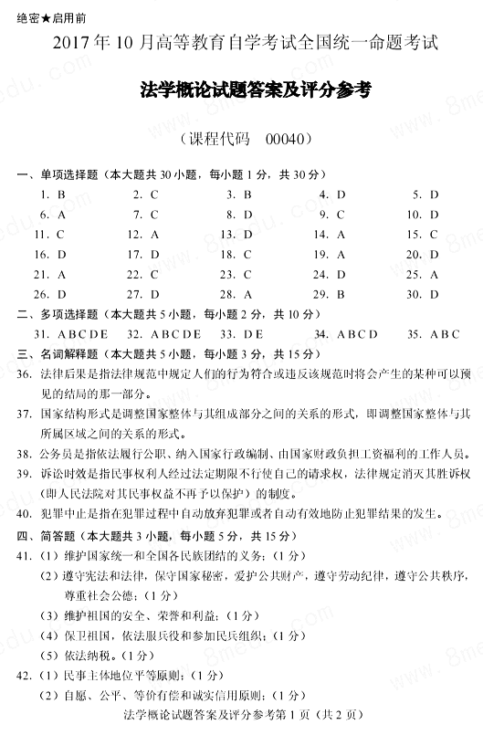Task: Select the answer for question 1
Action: pos(61,194)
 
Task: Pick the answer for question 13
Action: pos(247,234)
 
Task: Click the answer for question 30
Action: pos(435,294)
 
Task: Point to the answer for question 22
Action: pos(155,274)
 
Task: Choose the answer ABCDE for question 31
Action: pos(83,334)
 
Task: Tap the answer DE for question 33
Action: pos(254,334)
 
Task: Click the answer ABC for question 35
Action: pos(446,334)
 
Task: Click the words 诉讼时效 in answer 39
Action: pos(61,475)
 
